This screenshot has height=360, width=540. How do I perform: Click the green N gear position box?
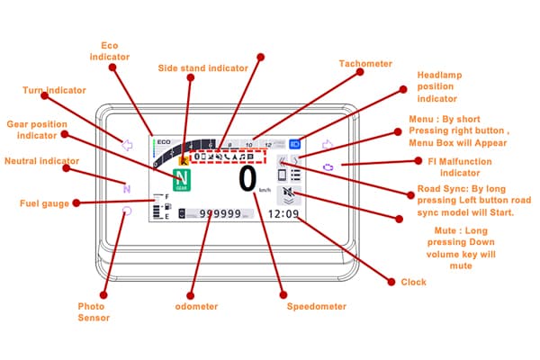[184, 178]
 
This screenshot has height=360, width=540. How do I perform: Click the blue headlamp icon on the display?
[296, 143]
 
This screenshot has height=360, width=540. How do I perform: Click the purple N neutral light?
[127, 189]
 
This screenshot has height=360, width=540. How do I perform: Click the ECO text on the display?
[163, 143]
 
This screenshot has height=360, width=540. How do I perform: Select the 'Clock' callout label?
[413, 282]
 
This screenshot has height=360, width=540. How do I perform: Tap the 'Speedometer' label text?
[316, 306]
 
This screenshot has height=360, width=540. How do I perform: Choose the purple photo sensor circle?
[127, 211]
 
